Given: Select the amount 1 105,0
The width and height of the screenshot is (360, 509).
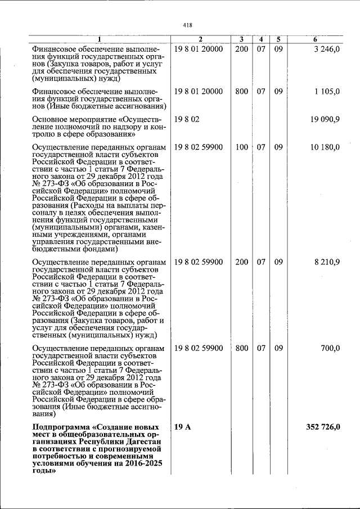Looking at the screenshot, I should tap(327, 91).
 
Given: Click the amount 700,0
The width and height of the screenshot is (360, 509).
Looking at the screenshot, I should tap(330, 348).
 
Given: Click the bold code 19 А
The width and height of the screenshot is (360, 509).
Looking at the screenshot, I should tap(183, 427).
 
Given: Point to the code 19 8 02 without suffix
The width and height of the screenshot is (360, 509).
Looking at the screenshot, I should tap(187, 119).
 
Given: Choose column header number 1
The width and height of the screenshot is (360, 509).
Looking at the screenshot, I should tap(100, 39).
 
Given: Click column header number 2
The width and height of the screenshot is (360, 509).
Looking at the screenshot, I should tap(200, 39).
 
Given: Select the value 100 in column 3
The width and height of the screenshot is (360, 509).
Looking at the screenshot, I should tap(241, 147).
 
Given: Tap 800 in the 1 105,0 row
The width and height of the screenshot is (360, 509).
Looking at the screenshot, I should tap(241, 91).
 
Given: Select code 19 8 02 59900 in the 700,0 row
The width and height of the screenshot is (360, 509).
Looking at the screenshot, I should tap(199, 348).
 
